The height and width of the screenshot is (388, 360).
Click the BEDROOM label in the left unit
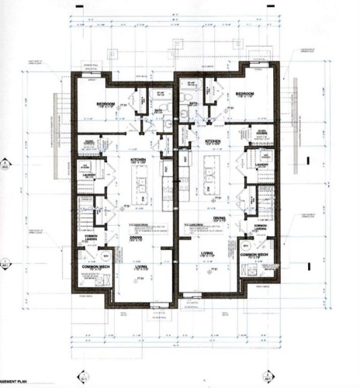point(106,104)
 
